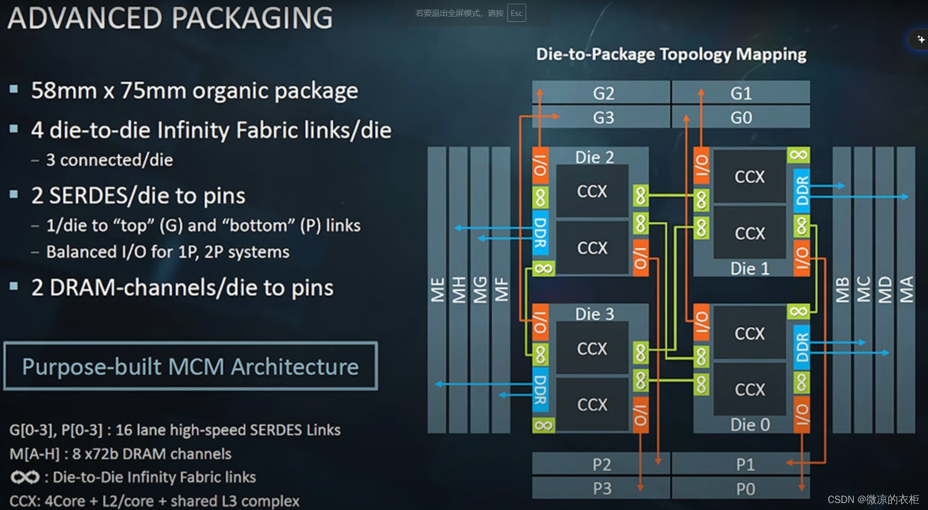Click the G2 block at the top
tap(603, 93)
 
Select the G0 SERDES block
tap(741, 117)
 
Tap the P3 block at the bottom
tap(602, 488)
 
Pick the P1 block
tap(745, 465)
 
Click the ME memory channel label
tap(437, 290)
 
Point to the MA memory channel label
tap(906, 290)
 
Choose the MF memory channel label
tap(501, 290)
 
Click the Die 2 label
tap(594, 157)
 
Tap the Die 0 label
tap(750, 425)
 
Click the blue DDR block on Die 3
tap(540, 390)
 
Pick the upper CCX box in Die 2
tap(592, 191)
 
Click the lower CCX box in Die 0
tap(749, 390)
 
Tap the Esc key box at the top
tap(517, 13)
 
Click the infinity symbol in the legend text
tap(25, 477)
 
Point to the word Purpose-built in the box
tap(91, 367)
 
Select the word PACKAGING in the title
tap(253, 18)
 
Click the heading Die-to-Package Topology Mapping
tap(671, 54)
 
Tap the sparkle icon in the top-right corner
tap(921, 39)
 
